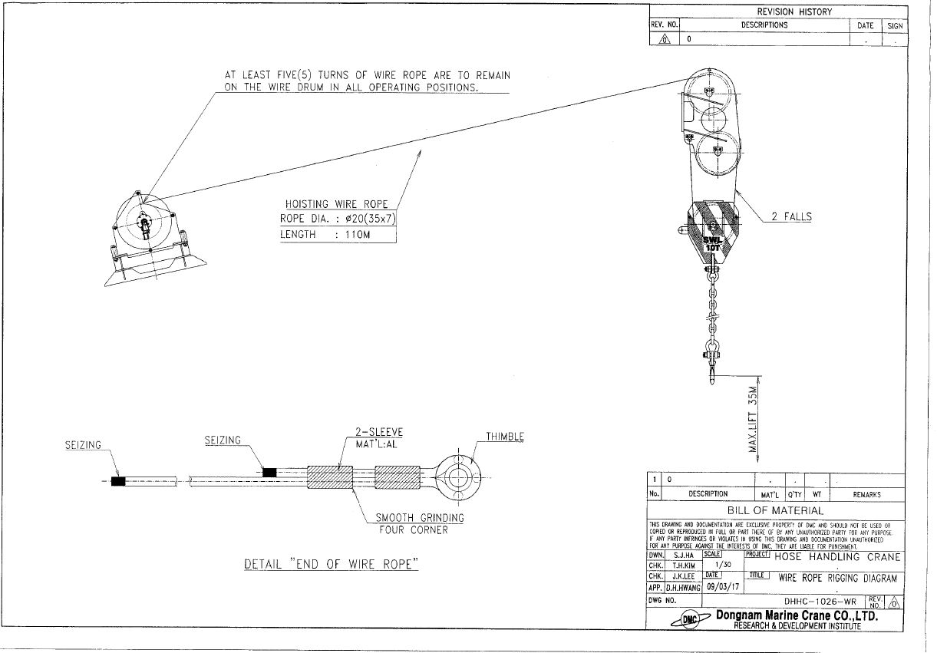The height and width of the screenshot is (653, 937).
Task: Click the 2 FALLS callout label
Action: pos(791,217)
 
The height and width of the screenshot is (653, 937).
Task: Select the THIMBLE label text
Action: pos(504,437)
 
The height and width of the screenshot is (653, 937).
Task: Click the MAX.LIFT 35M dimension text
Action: pos(754,419)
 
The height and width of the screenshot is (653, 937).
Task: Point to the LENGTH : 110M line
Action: pos(325,234)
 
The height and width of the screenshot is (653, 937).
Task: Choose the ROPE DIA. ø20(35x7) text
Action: pos(338,219)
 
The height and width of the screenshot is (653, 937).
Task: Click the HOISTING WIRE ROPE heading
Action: pos(337,204)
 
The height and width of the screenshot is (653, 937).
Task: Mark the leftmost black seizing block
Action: pos(118,482)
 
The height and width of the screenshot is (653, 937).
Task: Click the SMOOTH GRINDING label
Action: pos(420,518)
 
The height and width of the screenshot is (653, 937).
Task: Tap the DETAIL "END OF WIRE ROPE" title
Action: pos(331,564)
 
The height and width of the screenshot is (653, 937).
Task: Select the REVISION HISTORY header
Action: pos(793,12)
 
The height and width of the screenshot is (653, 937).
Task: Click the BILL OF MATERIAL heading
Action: pos(775,510)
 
